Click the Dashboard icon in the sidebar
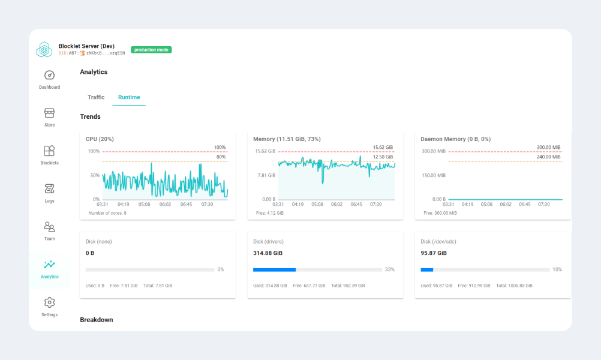coord(50,76)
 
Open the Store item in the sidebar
coord(50,113)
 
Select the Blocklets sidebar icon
coord(50,151)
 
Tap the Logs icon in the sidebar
coord(50,189)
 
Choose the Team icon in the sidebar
coord(50,227)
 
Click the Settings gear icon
coord(50,302)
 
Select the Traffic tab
coord(96,97)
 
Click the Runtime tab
coord(129,97)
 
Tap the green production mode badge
coord(151,50)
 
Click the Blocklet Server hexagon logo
coord(44,50)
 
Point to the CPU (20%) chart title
coord(100,139)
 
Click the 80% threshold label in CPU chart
coord(220,157)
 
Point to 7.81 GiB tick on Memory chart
coord(266,175)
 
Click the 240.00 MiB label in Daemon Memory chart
coord(548,157)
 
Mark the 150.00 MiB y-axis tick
coord(433,175)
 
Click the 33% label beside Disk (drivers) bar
coord(389,270)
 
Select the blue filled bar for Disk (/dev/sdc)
coord(427,270)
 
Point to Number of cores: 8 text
coord(107,213)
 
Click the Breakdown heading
coord(96,320)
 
